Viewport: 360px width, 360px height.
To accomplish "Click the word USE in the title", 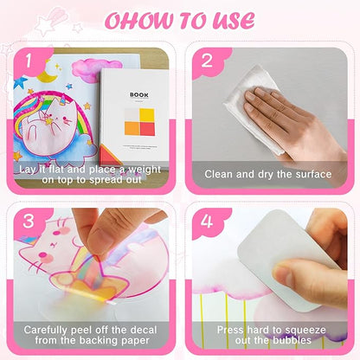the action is point(234,21).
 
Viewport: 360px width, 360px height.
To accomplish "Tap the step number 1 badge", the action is point(29,61).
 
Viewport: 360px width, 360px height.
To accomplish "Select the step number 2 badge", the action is point(207,61).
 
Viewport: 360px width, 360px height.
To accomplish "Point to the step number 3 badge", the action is point(29,222).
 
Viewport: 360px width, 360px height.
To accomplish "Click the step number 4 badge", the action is point(207,222).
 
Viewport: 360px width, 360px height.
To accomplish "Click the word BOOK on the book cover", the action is point(139,95).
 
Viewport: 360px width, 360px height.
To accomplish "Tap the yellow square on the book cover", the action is point(147,115).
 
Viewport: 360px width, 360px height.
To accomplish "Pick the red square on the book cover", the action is point(147,129).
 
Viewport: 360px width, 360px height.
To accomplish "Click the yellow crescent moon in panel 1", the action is point(47,74).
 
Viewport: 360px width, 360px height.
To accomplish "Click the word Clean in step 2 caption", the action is point(218,174).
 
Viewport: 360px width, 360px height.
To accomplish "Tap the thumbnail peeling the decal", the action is point(98,236).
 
